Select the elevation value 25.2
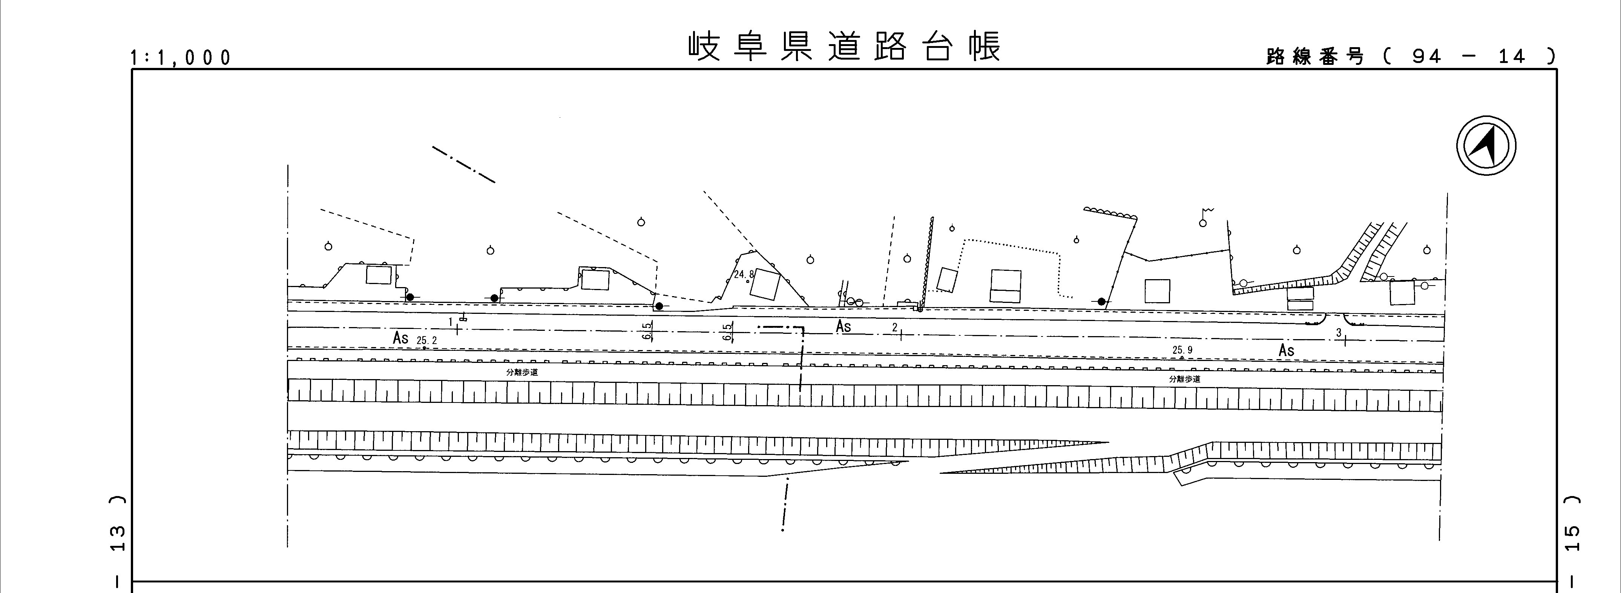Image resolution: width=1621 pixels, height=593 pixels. click(x=426, y=341)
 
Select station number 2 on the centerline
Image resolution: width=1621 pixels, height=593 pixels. click(x=895, y=327)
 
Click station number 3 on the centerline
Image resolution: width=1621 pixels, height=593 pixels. click(x=1339, y=332)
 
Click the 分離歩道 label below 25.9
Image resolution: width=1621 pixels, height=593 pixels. click(x=1184, y=379)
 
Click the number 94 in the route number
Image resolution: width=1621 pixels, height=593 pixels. click(x=1426, y=57)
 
